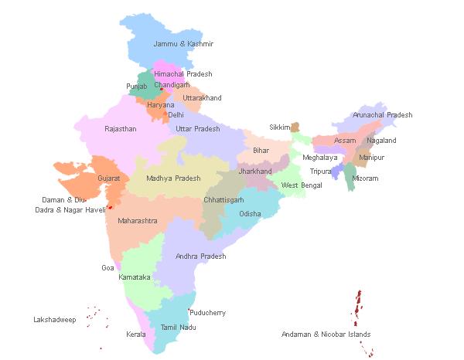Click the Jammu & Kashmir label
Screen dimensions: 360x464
pyautogui.click(x=183, y=44)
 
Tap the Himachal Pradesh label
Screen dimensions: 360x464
pyautogui.click(x=183, y=74)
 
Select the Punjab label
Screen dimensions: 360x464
pyautogui.click(x=136, y=87)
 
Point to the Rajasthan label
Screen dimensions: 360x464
pyautogui.click(x=120, y=129)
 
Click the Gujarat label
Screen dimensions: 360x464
pyautogui.click(x=108, y=178)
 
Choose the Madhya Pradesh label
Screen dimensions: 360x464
pyautogui.click(x=173, y=178)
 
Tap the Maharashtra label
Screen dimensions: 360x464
pyautogui.click(x=137, y=221)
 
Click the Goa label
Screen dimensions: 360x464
pyautogui.click(x=107, y=268)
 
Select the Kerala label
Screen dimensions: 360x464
pyautogui.click(x=135, y=335)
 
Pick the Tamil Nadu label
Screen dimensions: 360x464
pyautogui.click(x=177, y=328)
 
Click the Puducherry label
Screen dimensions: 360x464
pyautogui.click(x=208, y=313)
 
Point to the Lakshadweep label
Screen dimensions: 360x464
pyautogui.click(x=54, y=319)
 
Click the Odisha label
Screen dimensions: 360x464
pyautogui.click(x=250, y=214)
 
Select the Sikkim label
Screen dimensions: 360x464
pyautogui.click(x=279, y=127)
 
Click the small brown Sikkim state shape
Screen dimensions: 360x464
pyautogui.click(x=295, y=126)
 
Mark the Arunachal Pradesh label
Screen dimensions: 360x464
pyautogui.click(x=382, y=115)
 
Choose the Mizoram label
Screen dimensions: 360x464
pyautogui.click(x=366, y=178)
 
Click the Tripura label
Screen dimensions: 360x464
pyautogui.click(x=320, y=172)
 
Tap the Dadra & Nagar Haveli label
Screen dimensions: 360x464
pyautogui.click(x=70, y=210)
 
